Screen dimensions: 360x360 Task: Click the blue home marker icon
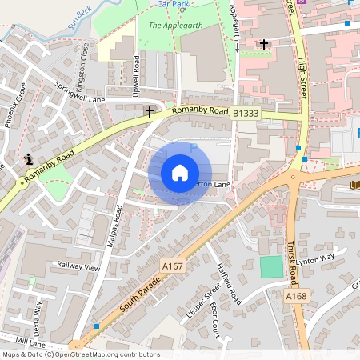[x=180, y=173]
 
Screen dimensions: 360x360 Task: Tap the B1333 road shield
[x=246, y=115]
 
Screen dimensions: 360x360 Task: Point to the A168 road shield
[x=296, y=296]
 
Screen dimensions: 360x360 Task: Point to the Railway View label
[x=78, y=267]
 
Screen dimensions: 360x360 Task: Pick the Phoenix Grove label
[x=16, y=105]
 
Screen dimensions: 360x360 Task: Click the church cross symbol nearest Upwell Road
[x=150, y=112]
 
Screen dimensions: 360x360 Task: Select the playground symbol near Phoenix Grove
[x=29, y=158]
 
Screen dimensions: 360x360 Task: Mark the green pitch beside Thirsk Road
[x=272, y=266]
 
